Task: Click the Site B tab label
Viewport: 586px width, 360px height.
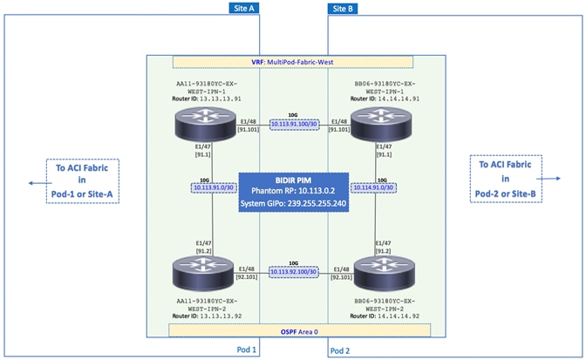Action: [x=342, y=8]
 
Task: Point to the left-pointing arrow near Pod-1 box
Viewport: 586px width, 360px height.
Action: [x=33, y=183]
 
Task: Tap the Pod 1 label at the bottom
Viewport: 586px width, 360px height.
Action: [x=248, y=350]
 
